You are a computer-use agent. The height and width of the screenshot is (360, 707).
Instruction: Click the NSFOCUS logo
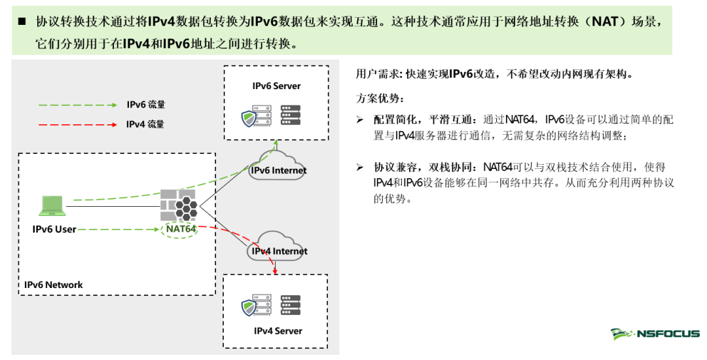[655, 334]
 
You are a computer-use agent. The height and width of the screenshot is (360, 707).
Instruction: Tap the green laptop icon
[52, 206]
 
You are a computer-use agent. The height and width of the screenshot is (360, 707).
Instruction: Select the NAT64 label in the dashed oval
[181, 229]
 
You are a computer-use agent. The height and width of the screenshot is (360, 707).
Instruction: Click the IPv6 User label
[54, 229]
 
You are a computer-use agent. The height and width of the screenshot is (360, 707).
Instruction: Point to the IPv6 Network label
[54, 285]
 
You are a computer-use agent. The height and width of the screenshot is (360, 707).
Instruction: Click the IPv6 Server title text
[276, 86]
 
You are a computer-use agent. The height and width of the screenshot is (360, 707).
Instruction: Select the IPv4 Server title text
[278, 331]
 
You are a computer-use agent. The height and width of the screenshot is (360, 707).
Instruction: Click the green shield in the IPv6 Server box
[249, 118]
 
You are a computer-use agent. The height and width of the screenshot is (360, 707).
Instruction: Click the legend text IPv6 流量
[146, 105]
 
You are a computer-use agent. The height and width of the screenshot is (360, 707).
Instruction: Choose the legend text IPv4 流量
[145, 124]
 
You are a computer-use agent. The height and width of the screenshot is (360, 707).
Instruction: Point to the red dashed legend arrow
[77, 124]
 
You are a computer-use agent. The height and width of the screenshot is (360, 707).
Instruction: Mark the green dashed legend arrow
[77, 105]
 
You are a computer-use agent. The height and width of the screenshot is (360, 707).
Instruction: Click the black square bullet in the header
[22, 22]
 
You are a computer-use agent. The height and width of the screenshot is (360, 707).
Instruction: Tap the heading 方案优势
[380, 99]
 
